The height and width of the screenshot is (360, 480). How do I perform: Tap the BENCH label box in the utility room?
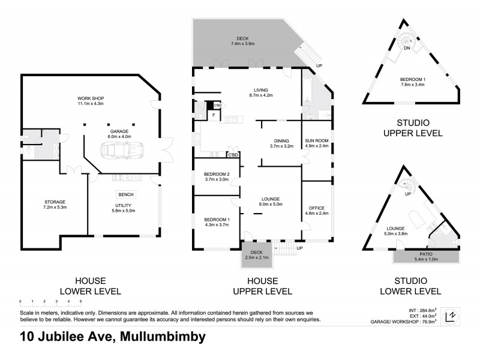pos(126,194)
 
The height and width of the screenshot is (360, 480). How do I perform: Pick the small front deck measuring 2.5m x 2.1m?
pos(256,255)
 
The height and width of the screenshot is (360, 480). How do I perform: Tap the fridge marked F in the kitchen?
pos(213,115)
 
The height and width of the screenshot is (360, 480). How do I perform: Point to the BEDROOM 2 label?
pos(217,176)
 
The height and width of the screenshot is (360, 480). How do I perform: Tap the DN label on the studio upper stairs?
pos(407,48)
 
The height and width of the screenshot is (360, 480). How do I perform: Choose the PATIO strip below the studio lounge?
pos(426,256)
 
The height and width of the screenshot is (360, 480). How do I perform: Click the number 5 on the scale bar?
pos(80,302)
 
